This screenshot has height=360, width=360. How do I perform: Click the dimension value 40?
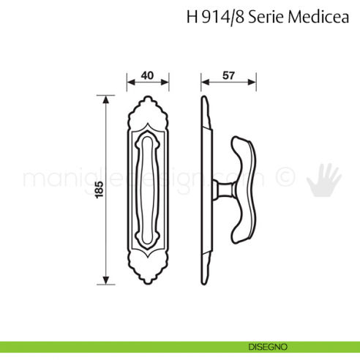[148, 75]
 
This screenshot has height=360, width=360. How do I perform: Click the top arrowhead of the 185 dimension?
[108, 97]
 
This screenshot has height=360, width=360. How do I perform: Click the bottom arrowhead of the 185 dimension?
[108, 282]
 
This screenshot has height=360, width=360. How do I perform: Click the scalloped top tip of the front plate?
[149, 96]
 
